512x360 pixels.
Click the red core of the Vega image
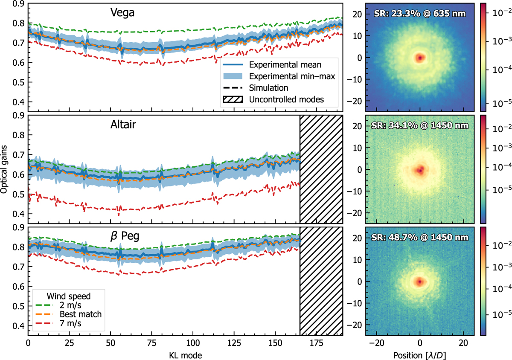(420, 57)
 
